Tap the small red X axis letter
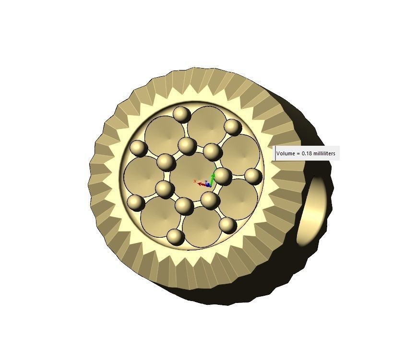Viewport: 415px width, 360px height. click(x=195, y=181)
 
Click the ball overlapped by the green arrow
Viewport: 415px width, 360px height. click(x=222, y=176)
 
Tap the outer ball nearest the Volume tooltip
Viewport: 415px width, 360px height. click(x=252, y=176)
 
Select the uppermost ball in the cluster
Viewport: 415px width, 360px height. click(x=182, y=115)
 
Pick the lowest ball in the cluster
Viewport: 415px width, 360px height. click(x=176, y=236)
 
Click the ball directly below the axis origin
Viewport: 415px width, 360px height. click(x=210, y=200)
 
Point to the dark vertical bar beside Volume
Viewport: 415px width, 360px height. click(x=275, y=153)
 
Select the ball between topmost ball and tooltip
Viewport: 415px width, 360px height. click(x=233, y=127)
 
